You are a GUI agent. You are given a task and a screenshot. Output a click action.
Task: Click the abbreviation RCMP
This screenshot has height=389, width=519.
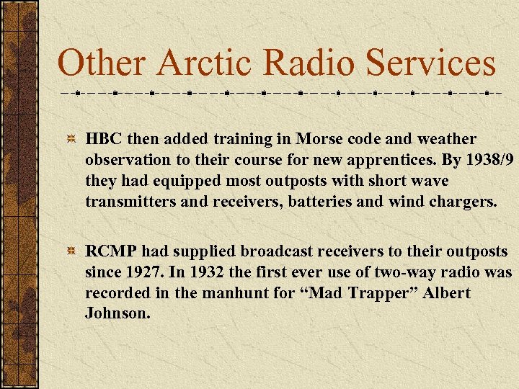[x=111, y=251]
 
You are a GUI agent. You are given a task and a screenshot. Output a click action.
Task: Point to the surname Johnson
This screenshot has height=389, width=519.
[x=118, y=314]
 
